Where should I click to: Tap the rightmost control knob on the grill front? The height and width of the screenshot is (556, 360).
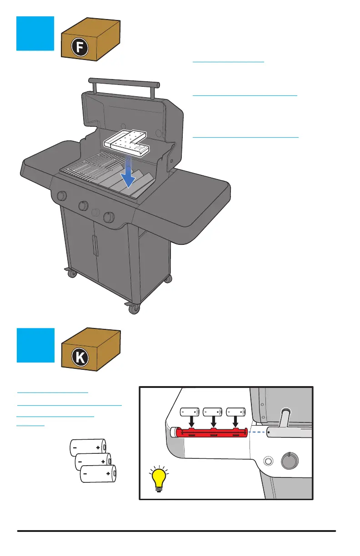click(109, 218)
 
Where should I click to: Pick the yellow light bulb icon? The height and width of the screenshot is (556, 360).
click(159, 481)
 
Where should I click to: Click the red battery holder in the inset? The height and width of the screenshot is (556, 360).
click(212, 432)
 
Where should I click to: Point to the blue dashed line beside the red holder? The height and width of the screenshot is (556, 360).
click(258, 432)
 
